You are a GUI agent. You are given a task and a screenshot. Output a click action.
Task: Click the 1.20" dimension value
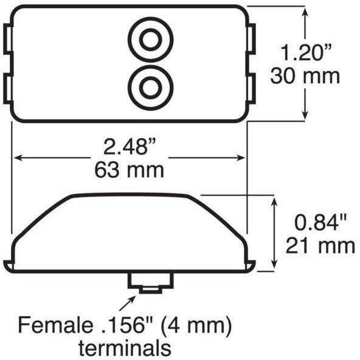coord(306,52)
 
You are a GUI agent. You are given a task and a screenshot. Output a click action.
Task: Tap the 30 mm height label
coord(305,76)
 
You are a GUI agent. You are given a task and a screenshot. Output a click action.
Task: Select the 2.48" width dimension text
coord(130,147)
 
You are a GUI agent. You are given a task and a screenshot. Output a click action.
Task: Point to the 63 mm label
coord(130,170)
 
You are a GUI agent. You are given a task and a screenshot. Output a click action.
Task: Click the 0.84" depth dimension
coord(320,222)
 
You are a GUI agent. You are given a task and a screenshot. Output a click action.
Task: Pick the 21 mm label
coord(320,246)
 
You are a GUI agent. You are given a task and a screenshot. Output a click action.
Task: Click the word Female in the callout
coord(55,325)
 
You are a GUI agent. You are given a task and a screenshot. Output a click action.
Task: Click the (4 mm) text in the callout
coord(196,325)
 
